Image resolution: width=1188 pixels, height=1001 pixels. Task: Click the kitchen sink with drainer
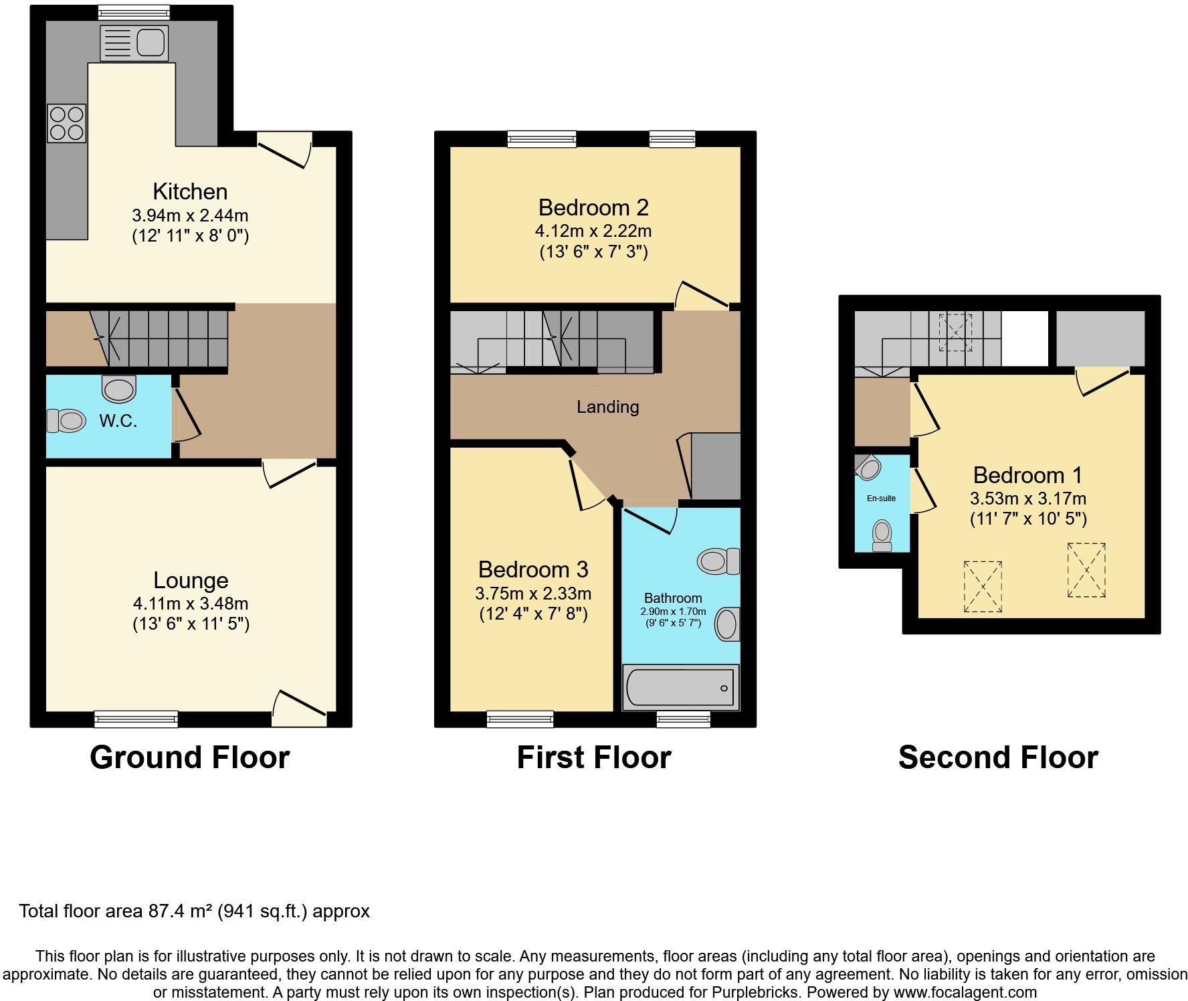134,43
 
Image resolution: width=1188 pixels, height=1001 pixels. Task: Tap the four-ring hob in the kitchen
67,123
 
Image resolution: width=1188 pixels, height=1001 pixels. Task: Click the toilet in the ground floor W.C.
66,421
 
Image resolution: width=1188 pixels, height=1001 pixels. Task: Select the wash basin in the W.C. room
119,389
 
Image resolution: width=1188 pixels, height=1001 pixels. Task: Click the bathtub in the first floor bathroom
680,687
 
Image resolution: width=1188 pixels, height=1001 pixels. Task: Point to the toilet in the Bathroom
718,561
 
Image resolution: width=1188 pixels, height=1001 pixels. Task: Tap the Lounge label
191,580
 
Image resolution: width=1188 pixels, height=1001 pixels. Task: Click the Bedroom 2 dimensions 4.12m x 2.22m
593,231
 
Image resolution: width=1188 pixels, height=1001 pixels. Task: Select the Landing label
607,407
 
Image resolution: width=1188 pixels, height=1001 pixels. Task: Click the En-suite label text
881,498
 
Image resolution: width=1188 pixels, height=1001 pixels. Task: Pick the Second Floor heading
997,757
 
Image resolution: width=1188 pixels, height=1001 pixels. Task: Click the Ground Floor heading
189,757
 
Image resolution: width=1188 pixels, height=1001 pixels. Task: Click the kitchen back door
284,149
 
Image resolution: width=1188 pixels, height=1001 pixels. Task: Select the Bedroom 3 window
520,719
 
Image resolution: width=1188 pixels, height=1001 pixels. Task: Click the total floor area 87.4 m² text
194,911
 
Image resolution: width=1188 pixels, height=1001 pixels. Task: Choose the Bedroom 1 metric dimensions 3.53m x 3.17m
1027,498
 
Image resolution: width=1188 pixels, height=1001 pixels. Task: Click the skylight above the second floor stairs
955,332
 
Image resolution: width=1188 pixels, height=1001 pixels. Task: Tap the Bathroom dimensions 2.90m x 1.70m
673,612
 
